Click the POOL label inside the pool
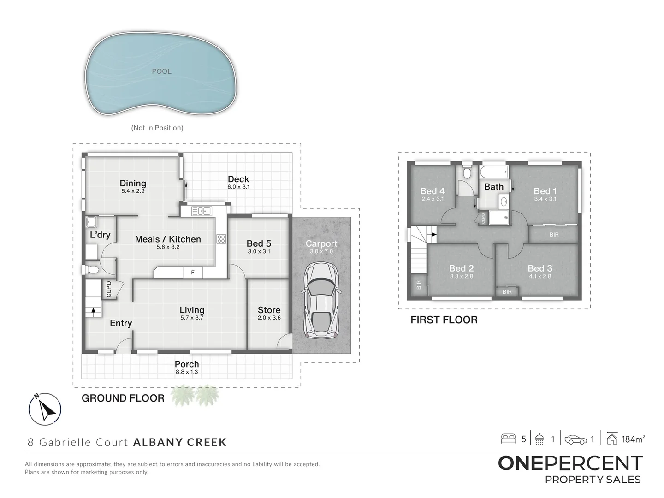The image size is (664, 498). coord(161,71)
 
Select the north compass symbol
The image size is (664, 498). coord(45,409)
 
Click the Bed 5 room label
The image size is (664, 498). coord(259,243)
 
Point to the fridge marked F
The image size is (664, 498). coord(193,273)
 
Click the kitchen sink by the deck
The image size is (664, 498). coord(201,211)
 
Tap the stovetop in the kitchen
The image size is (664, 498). coord(221,239)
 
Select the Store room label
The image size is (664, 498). coord(269,310)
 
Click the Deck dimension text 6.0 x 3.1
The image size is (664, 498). coord(238,187)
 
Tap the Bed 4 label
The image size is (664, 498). coord(432,191)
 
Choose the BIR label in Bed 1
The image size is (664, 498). coord(554,235)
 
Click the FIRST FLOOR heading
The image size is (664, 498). coord(444,320)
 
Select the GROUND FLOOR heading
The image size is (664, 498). coord(123,398)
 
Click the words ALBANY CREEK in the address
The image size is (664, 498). coord(180,442)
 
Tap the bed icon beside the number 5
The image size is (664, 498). coord(508,439)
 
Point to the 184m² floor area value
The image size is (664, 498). coord(633,439)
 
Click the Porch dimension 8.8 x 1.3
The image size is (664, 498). coord(187,372)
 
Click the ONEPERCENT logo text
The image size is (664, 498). coord(570,463)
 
